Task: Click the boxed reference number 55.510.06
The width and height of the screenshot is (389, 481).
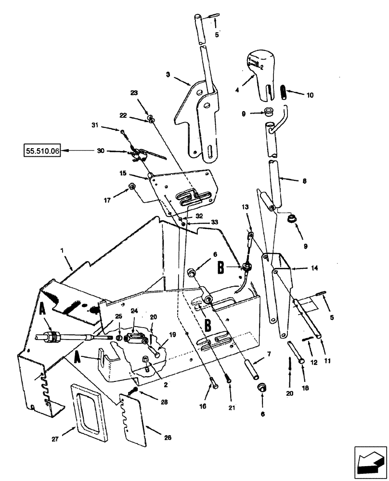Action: (42, 151)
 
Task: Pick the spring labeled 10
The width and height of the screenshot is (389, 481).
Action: (284, 91)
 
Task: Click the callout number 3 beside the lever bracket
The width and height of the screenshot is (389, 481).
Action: (169, 75)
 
